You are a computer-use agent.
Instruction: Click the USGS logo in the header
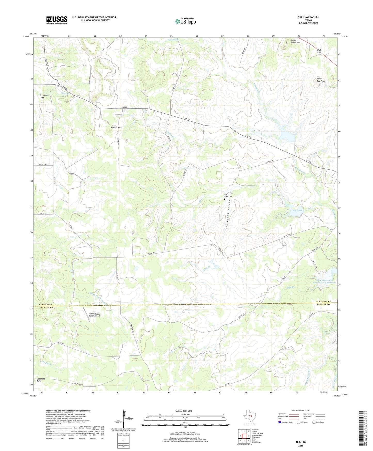[57, 20]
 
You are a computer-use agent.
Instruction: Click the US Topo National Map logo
[185, 21]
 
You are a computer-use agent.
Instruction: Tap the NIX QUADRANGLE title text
[308, 17]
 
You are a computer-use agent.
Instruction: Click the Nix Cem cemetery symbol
[43, 98]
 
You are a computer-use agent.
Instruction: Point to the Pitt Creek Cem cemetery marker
[224, 199]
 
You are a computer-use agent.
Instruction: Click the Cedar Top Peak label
[321, 80]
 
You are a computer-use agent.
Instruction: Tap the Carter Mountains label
[295, 41]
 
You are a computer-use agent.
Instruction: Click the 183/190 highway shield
[319, 51]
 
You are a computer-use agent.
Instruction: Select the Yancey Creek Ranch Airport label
[94, 315]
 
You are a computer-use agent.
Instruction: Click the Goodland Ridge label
[41, 380]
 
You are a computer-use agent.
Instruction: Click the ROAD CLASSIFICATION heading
[301, 410]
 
